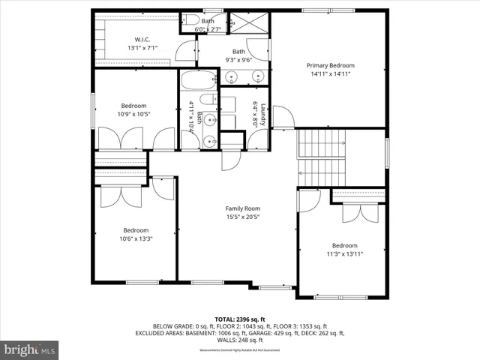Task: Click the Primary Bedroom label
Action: point(330,66)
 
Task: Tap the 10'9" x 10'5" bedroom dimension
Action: point(135,115)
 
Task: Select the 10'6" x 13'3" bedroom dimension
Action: point(136,239)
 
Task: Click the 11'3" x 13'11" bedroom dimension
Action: point(345,254)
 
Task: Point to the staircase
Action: point(321,157)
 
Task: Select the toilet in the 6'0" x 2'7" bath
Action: point(190,21)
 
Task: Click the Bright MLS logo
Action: point(29,349)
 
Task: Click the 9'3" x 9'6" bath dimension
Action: point(238,61)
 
